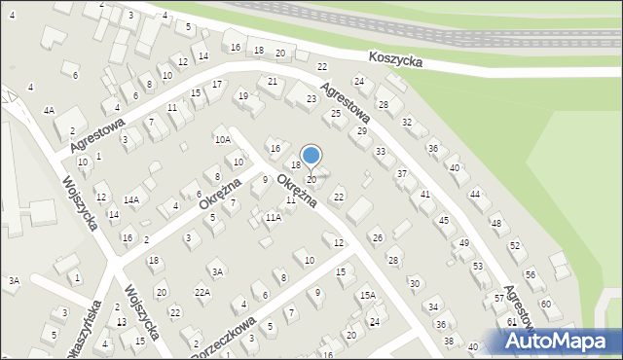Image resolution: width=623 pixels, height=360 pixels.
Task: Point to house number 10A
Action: (223, 139)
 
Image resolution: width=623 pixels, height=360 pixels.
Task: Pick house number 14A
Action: (131, 199)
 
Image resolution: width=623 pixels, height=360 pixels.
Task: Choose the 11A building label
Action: (274, 218)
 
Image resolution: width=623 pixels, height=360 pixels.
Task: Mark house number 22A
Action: (202, 292)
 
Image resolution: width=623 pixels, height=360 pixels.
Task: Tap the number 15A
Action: (367, 295)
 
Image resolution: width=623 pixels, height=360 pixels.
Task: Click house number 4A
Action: (48, 111)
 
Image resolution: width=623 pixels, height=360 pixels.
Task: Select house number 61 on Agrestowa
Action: (512, 321)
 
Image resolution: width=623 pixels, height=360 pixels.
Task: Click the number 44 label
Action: (475, 195)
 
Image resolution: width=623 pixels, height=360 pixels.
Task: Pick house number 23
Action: (311, 99)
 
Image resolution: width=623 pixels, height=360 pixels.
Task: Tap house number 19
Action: (243, 95)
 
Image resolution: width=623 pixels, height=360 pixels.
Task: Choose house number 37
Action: (401, 173)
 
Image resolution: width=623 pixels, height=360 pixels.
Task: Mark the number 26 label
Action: (378, 237)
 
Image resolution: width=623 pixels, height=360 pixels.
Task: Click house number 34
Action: (432, 306)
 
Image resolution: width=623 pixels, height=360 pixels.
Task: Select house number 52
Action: (515, 246)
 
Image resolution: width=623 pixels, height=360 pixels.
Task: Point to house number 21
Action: (273, 81)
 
